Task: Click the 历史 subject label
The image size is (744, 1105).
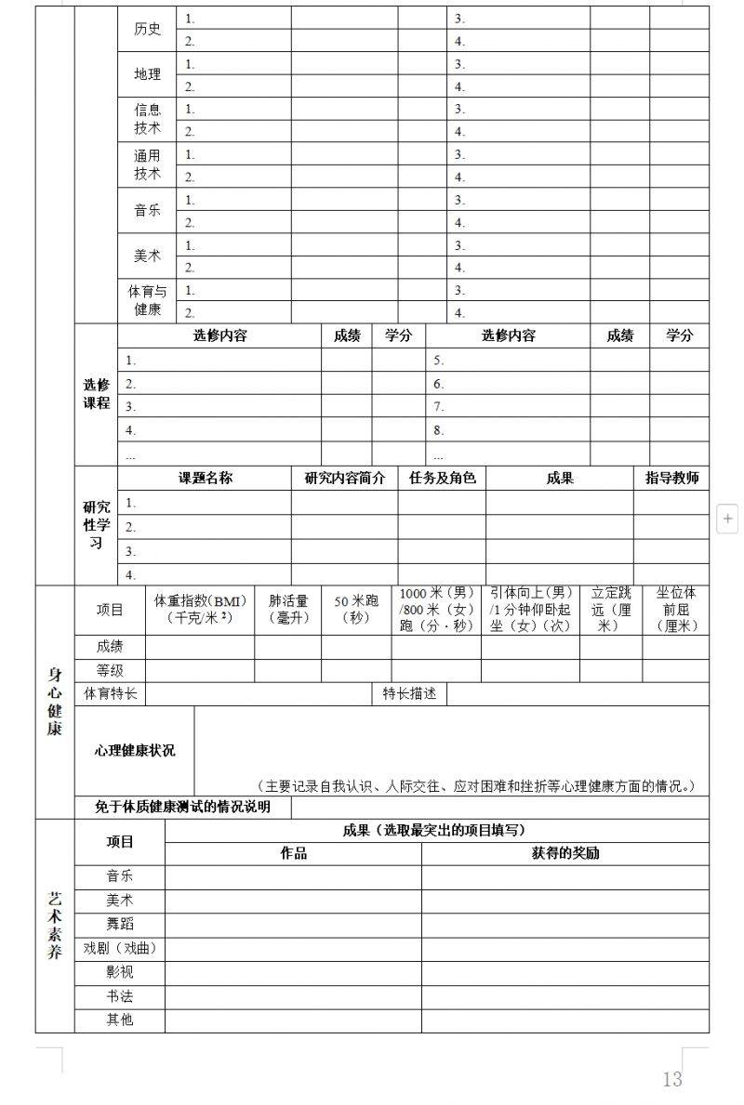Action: (147, 30)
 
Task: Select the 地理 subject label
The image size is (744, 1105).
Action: (147, 74)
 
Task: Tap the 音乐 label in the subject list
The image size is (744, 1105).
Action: (147, 211)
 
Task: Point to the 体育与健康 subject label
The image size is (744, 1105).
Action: (147, 300)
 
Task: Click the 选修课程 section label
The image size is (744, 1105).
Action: (96, 394)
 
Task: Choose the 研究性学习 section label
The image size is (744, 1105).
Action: (96, 525)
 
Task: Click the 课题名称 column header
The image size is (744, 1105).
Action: (206, 479)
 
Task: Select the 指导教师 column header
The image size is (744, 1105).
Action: (671, 479)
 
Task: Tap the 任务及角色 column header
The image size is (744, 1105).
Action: (442, 479)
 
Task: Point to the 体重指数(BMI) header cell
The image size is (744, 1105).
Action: (199, 610)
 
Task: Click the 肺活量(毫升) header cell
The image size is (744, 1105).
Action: (288, 610)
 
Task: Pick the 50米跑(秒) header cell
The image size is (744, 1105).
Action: (356, 610)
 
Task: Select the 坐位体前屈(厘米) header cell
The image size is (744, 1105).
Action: (676, 610)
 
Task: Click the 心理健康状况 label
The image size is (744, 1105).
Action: (134, 751)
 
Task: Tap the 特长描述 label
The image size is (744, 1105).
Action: (409, 693)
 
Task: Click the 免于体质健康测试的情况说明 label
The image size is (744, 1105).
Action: (182, 807)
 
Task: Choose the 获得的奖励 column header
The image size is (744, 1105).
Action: (565, 853)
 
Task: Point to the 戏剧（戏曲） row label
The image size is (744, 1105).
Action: (120, 949)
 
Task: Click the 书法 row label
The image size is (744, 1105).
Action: (120, 996)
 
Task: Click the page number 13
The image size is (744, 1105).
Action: (672, 1079)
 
